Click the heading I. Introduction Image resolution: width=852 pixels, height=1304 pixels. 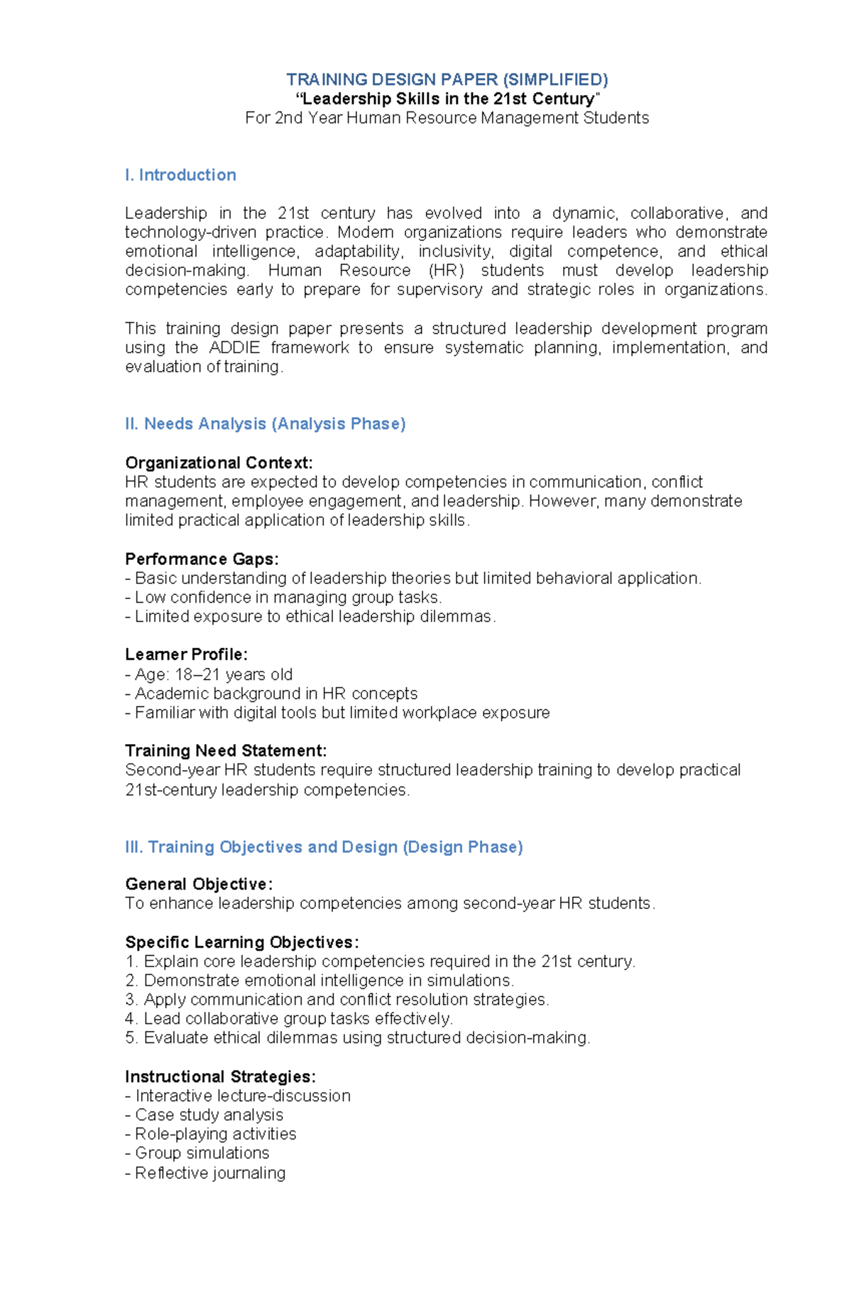180,175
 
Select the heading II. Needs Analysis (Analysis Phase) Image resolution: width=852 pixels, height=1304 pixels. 265,424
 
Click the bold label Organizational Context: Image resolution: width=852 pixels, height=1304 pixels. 219,463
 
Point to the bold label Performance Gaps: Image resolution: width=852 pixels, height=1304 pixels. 202,559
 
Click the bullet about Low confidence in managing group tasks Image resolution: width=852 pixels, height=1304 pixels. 283,598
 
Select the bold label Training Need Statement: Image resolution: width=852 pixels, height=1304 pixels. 226,751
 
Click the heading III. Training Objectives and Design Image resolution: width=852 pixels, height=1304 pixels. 324,847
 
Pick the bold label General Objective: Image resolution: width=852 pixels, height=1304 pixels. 199,884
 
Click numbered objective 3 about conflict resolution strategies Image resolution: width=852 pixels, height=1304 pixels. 337,1000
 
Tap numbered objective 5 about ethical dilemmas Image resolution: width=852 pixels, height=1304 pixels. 358,1038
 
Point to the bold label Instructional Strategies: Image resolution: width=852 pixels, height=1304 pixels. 220,1077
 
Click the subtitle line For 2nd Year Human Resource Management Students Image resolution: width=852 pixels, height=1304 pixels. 447,118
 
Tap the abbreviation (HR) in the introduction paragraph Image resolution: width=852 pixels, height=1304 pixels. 447,271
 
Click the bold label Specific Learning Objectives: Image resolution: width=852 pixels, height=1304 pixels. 241,942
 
